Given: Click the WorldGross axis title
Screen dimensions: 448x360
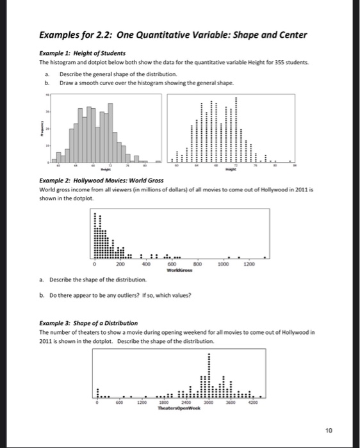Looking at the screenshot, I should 181,269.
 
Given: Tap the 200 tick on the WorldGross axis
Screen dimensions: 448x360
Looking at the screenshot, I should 120,264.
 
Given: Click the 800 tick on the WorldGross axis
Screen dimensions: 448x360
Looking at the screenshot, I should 197,264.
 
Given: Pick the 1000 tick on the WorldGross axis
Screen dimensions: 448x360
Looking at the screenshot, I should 223,264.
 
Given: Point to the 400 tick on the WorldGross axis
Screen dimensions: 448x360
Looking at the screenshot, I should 145,264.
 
